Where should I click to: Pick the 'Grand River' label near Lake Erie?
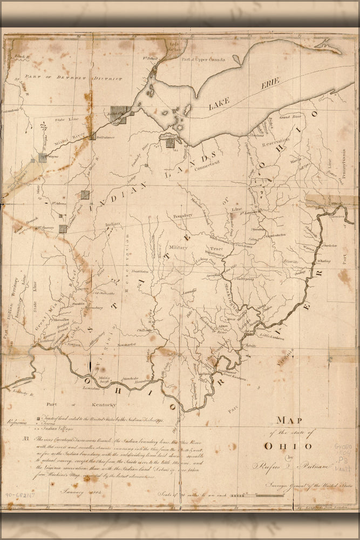[290, 117]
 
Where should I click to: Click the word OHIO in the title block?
[287, 446]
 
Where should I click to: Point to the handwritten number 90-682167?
[21, 494]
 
